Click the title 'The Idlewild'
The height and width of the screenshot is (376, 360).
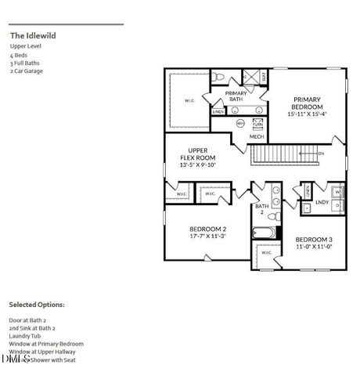(x=33, y=35)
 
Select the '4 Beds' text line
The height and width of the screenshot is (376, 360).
(x=16, y=56)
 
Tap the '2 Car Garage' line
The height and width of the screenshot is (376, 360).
(x=27, y=70)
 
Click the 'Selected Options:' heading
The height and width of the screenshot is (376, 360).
(x=37, y=304)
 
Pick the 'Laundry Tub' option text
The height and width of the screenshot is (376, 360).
(x=27, y=336)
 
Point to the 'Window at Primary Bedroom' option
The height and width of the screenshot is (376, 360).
(x=46, y=344)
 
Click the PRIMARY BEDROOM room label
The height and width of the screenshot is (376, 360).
(x=307, y=105)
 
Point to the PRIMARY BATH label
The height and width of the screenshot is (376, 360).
(x=236, y=97)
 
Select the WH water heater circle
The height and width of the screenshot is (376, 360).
(x=240, y=124)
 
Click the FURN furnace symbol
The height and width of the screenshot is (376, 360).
(x=257, y=124)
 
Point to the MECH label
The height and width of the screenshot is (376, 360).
(x=257, y=137)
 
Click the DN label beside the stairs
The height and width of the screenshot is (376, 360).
(x=322, y=154)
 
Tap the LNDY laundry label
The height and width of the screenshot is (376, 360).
(x=322, y=202)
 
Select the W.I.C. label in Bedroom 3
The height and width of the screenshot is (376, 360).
(x=266, y=252)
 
